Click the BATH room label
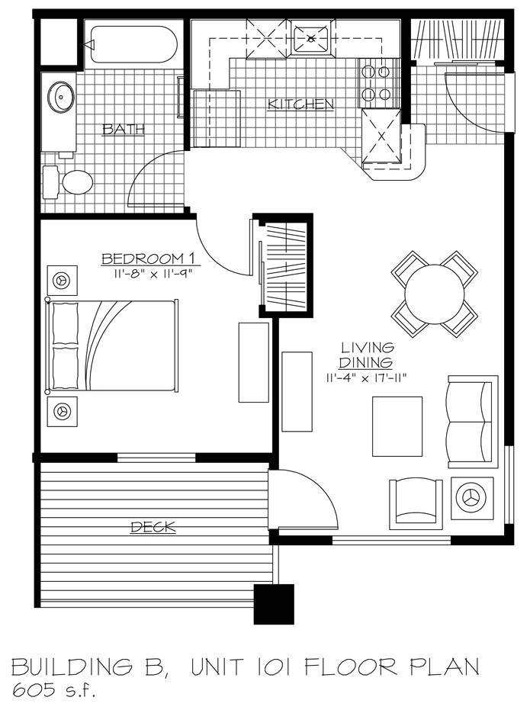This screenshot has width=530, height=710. coord(124,130)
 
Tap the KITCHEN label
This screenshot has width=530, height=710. coord(300,103)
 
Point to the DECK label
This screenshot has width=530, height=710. coord(153,526)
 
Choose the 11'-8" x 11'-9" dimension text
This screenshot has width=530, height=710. coord(144,273)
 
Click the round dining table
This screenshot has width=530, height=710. coord(434,294)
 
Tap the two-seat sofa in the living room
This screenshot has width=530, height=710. coord(472,421)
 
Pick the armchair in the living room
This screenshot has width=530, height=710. coord(415,503)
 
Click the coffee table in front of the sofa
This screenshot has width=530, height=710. coord(397,426)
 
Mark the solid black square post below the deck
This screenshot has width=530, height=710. coord(274,604)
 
